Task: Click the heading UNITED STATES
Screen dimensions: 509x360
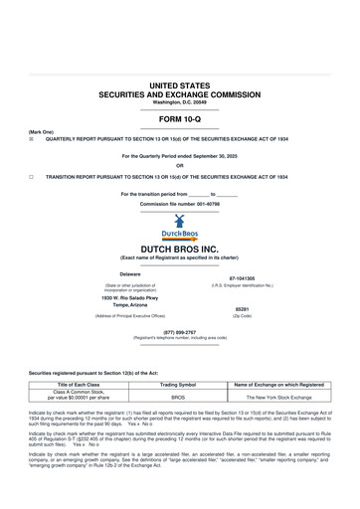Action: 179,87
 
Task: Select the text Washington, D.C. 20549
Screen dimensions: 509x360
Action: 179,102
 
